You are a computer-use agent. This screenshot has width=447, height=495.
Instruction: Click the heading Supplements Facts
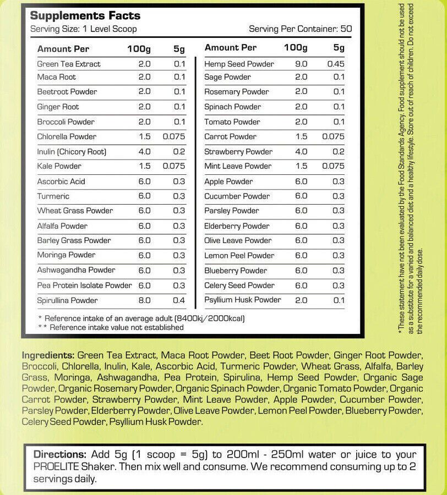(85, 15)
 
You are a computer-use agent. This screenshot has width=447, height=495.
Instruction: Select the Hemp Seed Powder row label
(239, 64)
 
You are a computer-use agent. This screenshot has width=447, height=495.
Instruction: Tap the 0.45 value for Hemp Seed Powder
(335, 64)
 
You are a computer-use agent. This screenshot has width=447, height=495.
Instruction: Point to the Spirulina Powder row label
(67, 300)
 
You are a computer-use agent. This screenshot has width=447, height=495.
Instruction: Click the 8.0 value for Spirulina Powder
(144, 300)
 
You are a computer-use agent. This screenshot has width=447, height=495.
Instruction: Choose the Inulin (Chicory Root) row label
(72, 151)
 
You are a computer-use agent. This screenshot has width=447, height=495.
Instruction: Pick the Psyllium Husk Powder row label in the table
(242, 300)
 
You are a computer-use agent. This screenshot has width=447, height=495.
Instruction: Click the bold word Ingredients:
(48, 355)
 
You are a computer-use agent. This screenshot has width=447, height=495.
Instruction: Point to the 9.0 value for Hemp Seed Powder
(301, 64)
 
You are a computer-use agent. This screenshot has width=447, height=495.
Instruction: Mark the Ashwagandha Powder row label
(76, 270)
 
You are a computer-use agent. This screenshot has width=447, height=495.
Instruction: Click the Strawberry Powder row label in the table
(238, 151)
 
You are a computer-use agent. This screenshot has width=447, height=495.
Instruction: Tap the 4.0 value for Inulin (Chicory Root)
(144, 151)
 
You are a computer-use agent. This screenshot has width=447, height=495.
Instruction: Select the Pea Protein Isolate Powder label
(84, 285)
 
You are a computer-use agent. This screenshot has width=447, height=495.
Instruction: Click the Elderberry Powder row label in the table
(237, 226)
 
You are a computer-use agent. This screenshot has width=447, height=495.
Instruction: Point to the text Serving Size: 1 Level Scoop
(83, 29)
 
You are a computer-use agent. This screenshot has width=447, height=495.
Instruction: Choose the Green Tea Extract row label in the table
(69, 64)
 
